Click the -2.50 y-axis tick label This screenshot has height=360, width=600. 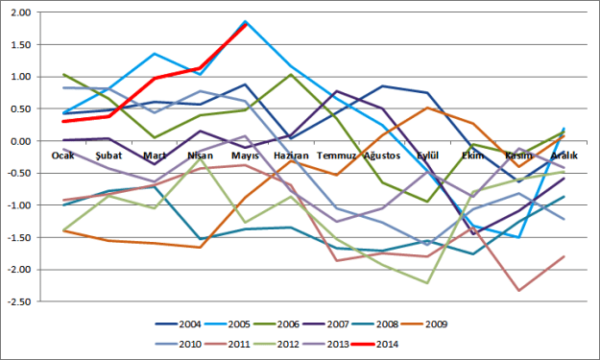click(x=19, y=301)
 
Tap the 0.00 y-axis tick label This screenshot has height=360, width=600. click(x=21, y=141)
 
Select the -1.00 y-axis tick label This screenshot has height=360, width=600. click(x=19, y=205)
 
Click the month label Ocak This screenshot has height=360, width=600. click(x=63, y=154)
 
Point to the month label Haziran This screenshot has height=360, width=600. click(x=291, y=154)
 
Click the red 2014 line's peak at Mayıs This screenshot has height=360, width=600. click(x=246, y=24)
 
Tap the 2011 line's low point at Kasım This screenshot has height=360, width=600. click(x=518, y=290)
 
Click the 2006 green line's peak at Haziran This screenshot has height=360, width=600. click(x=291, y=75)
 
